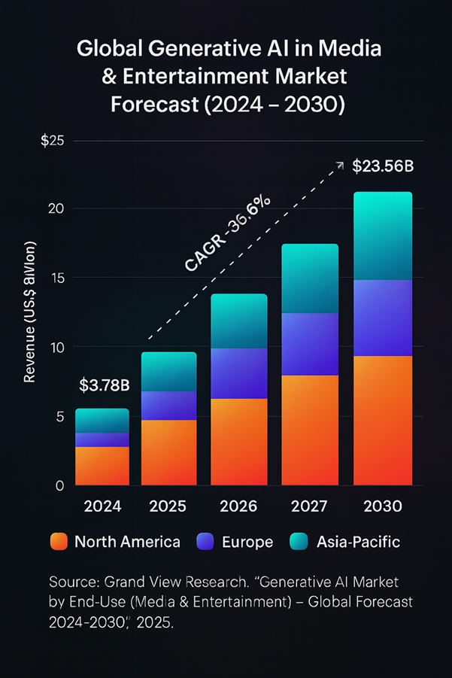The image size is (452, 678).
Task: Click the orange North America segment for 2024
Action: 102,466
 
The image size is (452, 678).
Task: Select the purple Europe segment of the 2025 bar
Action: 168,406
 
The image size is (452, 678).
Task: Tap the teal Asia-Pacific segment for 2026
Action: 238,321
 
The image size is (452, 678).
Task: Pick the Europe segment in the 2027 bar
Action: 310,344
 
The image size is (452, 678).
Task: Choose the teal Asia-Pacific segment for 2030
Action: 383,236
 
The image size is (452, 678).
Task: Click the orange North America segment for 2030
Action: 383,421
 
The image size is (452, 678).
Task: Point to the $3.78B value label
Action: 105,386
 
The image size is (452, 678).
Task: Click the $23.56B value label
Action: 383,167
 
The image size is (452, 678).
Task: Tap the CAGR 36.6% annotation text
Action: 228,233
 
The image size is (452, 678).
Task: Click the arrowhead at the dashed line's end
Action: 339,164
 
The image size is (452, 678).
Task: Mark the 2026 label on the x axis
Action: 238,505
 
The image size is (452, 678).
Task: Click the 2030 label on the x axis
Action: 383,505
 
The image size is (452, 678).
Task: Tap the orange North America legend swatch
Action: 58,542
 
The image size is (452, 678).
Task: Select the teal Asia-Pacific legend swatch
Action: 299,542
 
